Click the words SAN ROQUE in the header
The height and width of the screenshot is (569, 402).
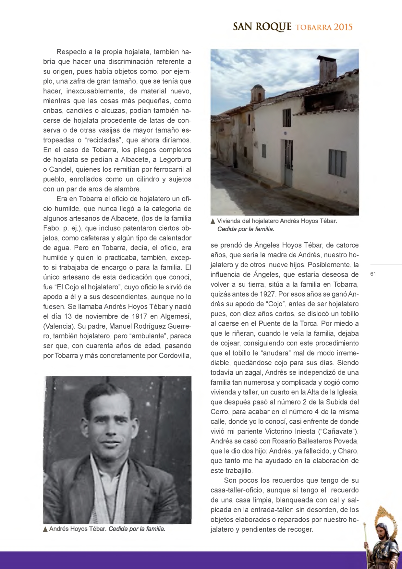262,27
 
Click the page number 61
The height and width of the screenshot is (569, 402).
373,274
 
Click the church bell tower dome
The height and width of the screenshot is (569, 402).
258,88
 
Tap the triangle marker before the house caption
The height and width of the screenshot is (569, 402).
213,222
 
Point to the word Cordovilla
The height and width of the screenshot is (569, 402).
175,356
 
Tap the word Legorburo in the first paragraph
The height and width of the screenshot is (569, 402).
175,160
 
